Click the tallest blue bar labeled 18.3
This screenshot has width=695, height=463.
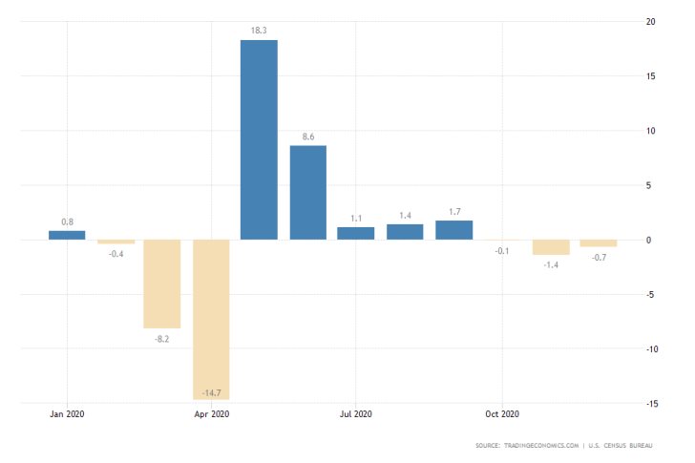pyautogui.click(x=259, y=139)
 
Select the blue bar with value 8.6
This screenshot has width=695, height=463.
pyautogui.click(x=307, y=192)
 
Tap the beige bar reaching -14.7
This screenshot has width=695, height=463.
pyautogui.click(x=211, y=319)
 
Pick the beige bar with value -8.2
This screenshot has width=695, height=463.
pyautogui.click(x=162, y=284)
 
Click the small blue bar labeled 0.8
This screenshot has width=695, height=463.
pyautogui.click(x=67, y=235)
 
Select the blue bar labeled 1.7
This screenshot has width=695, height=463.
pyautogui.click(x=453, y=229)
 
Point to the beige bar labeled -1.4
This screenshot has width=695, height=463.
pyautogui.click(x=551, y=247)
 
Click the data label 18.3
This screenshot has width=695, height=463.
pyautogui.click(x=259, y=32)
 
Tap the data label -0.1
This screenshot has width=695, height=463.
pyautogui.click(x=502, y=251)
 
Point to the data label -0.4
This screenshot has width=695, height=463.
pyautogui.click(x=116, y=253)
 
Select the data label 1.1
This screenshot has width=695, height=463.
pyautogui.click(x=356, y=218)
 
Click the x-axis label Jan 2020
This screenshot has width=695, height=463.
pyautogui.click(x=67, y=414)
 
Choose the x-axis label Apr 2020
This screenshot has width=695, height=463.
pyautogui.click(x=211, y=414)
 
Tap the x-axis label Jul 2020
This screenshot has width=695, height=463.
pyautogui.click(x=356, y=414)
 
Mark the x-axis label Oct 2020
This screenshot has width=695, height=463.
pyautogui.click(x=501, y=414)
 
